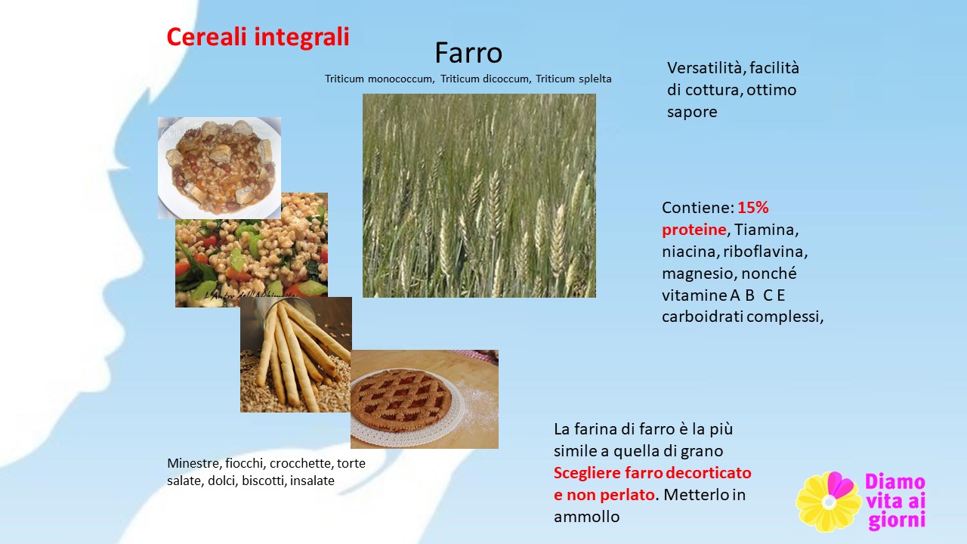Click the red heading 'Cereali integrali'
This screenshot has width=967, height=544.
point(258,37)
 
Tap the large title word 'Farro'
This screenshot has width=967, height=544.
point(468,53)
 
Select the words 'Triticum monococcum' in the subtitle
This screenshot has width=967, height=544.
point(379,79)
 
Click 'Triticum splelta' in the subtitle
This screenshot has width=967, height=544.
point(573,79)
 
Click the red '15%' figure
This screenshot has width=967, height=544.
point(753,208)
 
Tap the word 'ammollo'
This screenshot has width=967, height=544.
point(587,517)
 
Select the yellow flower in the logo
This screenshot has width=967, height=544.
point(829,502)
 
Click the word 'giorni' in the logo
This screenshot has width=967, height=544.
point(897,521)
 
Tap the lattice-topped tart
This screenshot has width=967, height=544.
point(401,400)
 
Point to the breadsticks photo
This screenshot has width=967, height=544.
point(295,354)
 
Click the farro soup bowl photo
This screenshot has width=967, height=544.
point(219,168)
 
